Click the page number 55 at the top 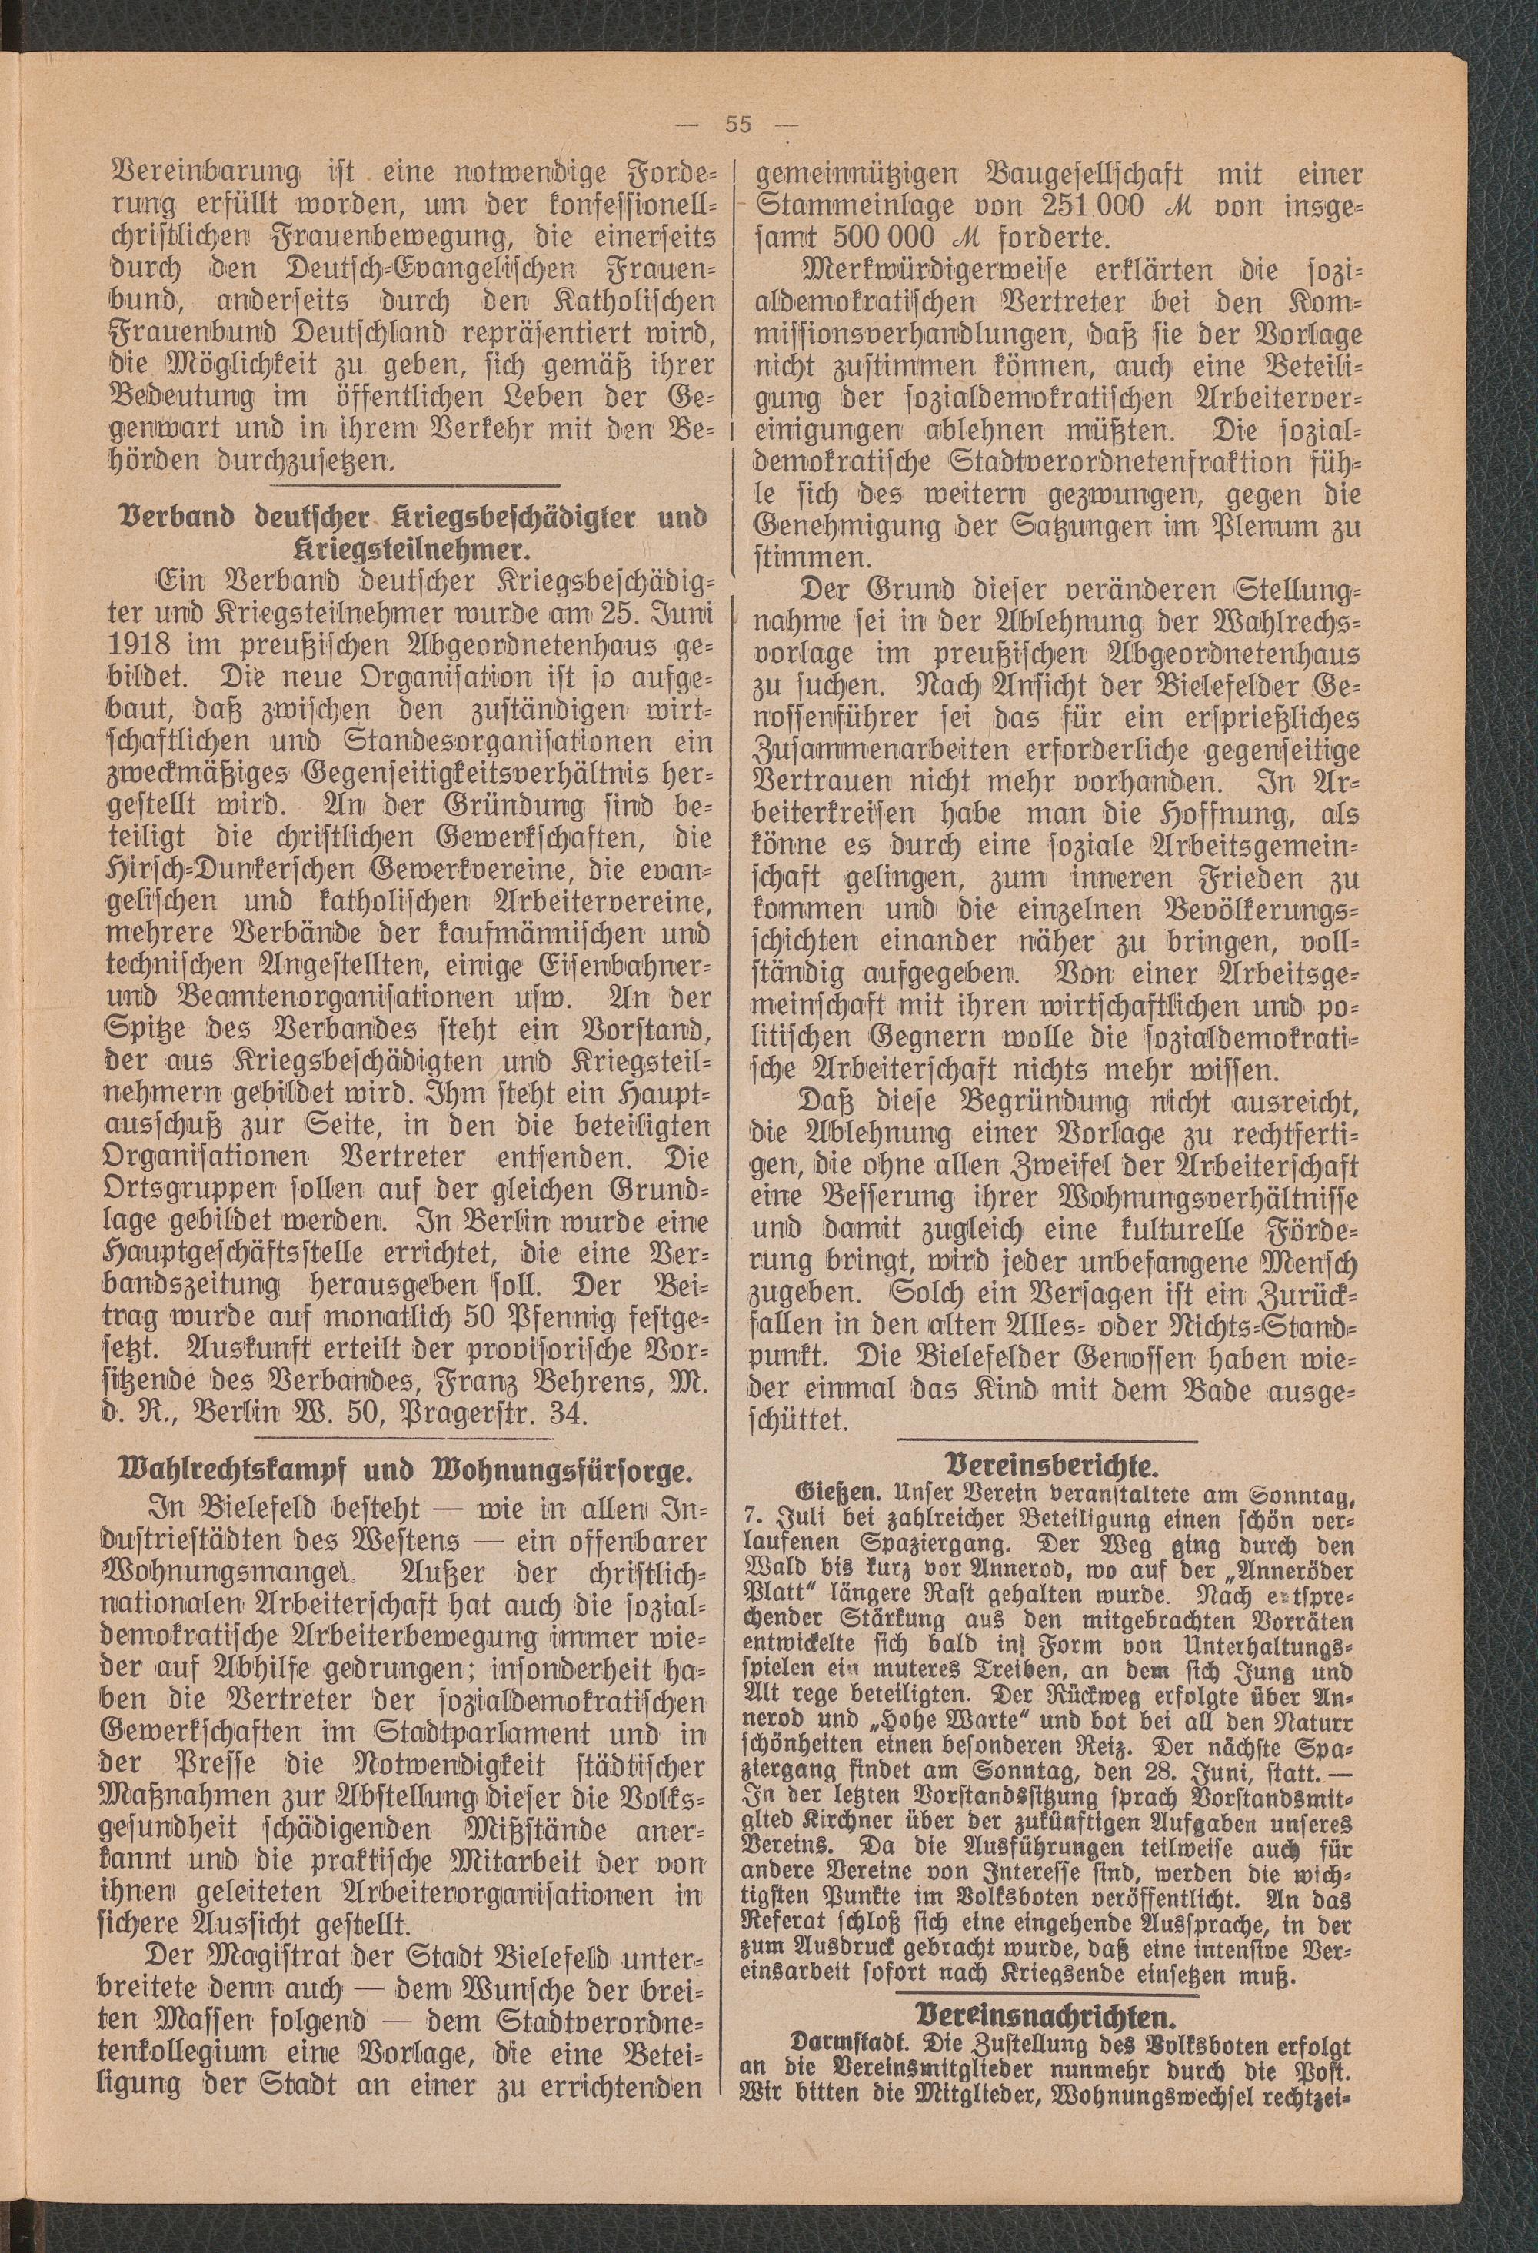pos(738,124)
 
